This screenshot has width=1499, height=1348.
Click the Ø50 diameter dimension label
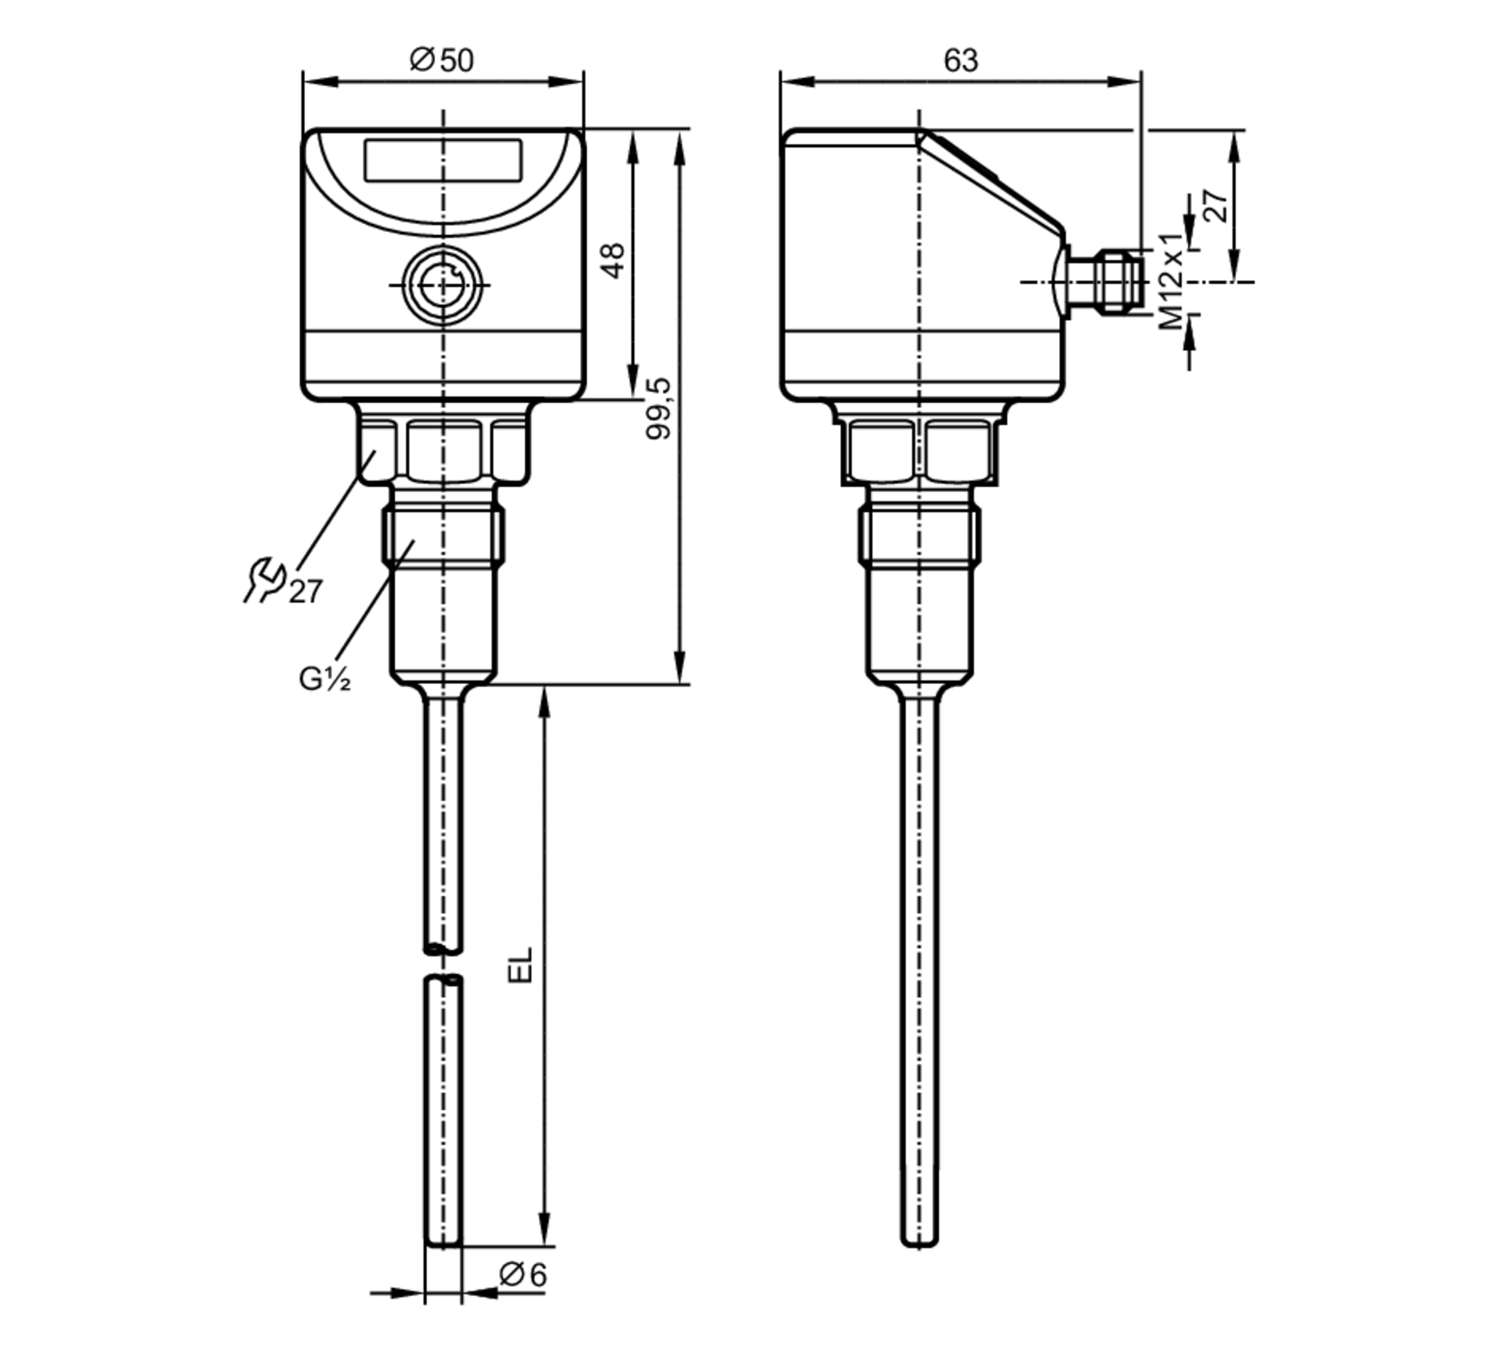pos(442,60)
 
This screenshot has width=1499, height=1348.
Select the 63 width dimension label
pos(960,60)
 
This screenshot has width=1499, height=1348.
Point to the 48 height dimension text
pos(614,260)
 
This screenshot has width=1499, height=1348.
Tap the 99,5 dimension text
pos(660,408)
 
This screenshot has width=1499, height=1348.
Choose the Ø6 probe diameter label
pos(523,1275)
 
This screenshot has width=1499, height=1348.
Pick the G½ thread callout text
pos(325,679)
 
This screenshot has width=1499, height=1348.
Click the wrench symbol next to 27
pos(262,580)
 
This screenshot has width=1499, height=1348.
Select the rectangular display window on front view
pos(443,160)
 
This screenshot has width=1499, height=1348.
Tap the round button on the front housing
pos(442,285)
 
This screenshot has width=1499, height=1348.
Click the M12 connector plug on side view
pos(1109,283)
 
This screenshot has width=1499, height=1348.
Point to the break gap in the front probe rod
pos(443,964)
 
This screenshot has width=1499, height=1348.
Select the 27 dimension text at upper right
pos(1216,206)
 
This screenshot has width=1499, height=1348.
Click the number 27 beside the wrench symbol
pos(306,592)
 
